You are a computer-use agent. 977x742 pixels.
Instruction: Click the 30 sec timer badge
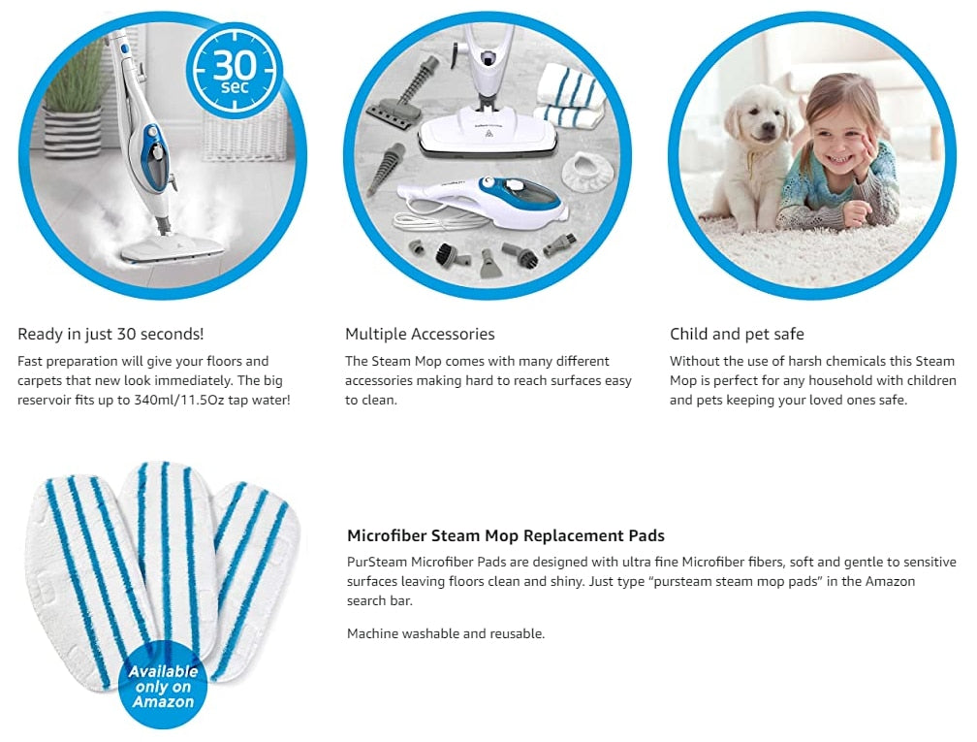tap(235, 70)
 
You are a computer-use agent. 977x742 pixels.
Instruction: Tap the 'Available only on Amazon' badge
tap(163, 685)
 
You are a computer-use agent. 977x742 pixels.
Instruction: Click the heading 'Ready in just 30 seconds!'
tap(110, 335)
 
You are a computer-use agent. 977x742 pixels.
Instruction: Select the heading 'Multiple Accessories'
tap(420, 335)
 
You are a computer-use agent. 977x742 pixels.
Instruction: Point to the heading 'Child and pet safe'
tap(737, 335)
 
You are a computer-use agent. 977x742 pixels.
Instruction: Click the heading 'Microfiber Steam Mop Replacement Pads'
tap(506, 535)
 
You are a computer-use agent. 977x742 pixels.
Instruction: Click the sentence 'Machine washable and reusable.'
tap(446, 633)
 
